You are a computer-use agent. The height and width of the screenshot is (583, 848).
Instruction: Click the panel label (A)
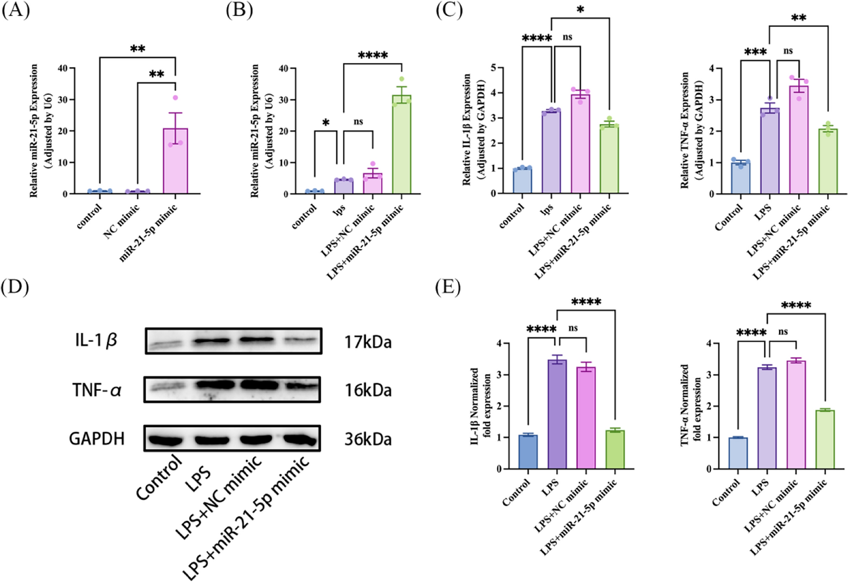[x=15, y=10]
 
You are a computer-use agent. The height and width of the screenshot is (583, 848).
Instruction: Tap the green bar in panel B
[x=401, y=144]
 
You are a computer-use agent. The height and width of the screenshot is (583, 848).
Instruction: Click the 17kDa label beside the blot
[x=368, y=342]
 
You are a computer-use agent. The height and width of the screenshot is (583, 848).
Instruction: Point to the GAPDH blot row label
[x=97, y=439]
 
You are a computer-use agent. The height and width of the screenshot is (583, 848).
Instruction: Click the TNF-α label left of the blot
[x=97, y=390]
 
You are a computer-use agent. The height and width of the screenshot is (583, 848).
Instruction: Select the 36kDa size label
[x=368, y=439]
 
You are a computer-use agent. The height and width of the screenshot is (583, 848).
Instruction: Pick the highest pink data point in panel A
[x=176, y=98]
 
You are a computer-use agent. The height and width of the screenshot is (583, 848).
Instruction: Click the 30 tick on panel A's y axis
[x=63, y=100]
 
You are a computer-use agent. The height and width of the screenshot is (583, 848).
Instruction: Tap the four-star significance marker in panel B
[x=373, y=56]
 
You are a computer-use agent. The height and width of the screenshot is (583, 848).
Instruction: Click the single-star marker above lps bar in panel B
[x=326, y=123]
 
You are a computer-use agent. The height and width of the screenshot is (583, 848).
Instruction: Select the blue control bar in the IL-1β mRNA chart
[x=522, y=180]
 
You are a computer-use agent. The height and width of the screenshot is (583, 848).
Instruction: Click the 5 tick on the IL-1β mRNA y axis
[x=493, y=68]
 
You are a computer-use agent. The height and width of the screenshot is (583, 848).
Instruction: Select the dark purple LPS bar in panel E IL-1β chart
[x=557, y=414]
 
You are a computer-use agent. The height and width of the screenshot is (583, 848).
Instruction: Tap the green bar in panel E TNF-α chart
[x=825, y=439]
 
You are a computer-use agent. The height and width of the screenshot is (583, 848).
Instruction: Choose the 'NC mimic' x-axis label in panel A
[x=121, y=221]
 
